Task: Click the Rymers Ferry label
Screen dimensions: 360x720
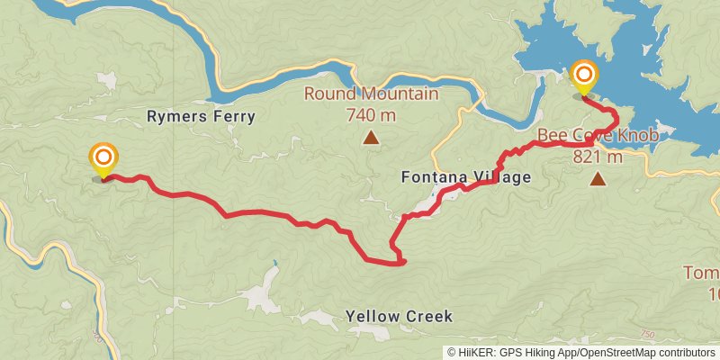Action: point(201,116)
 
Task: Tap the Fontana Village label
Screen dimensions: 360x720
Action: point(465,177)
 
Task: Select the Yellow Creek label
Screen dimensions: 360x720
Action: point(399,317)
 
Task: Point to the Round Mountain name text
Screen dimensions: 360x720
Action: point(371,94)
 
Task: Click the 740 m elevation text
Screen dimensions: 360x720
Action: point(371,114)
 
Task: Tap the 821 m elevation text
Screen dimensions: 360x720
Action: point(598,156)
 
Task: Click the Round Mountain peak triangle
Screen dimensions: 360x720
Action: point(370,137)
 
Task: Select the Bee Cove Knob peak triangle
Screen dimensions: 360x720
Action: point(598,178)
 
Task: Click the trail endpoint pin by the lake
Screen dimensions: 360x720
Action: point(584,76)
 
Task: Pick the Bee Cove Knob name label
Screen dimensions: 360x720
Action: point(598,136)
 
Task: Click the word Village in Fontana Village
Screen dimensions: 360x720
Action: point(501,177)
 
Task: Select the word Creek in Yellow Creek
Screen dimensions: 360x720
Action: point(426,317)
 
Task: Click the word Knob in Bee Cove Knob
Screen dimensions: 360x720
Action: point(639,136)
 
